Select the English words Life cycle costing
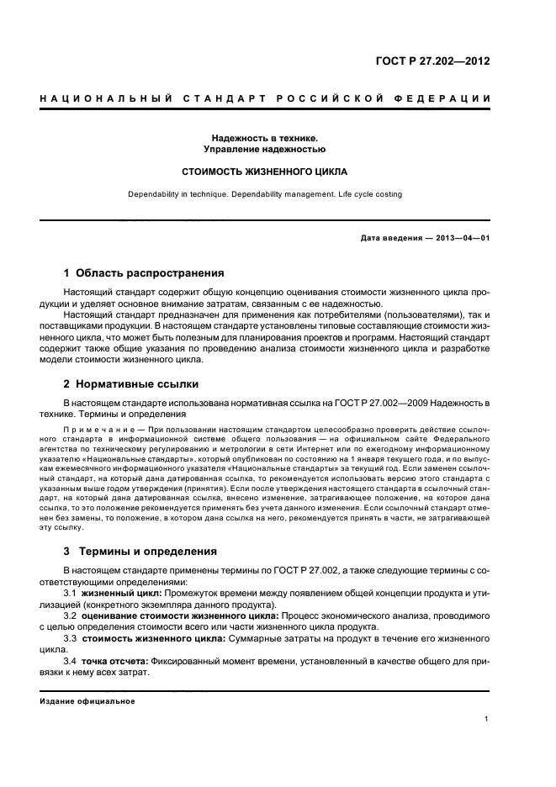368,194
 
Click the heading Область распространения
150,273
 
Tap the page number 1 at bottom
487,719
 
